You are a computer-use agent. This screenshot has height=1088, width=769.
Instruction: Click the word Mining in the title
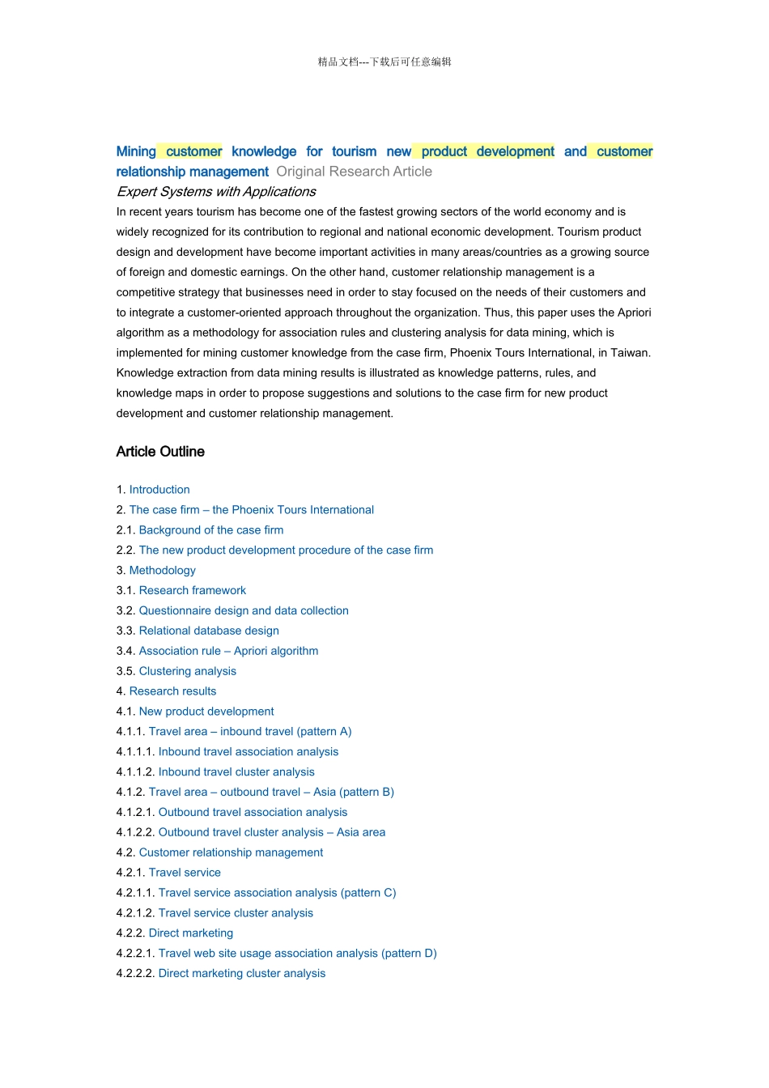pos(136,151)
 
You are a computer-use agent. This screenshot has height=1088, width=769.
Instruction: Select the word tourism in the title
pos(354,151)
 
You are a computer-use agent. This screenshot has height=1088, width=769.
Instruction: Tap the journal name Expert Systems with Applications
pos(216,192)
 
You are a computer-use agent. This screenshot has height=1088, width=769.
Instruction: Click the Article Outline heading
pos(160,452)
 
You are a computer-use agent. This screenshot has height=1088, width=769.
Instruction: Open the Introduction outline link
pos(159,490)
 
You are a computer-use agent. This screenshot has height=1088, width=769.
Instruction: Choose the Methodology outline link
pos(162,571)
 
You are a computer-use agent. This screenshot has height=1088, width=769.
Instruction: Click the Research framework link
pos(192,591)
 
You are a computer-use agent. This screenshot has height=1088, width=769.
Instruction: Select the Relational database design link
pos(209,631)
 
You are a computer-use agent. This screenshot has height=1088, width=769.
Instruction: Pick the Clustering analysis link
pos(187,671)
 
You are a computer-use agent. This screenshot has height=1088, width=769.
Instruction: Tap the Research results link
pos(172,691)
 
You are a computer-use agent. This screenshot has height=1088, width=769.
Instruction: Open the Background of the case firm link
pos(210,530)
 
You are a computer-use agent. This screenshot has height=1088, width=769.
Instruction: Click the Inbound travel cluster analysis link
pos(236,772)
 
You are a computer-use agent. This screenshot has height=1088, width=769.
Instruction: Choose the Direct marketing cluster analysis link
pos(241,974)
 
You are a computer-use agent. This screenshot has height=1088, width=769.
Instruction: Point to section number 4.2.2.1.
pos(135,954)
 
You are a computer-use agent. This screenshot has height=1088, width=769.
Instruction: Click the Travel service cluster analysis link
pos(236,913)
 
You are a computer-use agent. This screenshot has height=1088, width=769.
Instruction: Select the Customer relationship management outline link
pos(231,852)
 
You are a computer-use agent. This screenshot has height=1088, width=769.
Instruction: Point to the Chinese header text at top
pos(384,62)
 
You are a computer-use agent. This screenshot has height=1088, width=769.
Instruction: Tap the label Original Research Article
pos(354,172)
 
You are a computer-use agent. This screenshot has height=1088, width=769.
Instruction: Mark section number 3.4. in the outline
pos(125,651)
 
